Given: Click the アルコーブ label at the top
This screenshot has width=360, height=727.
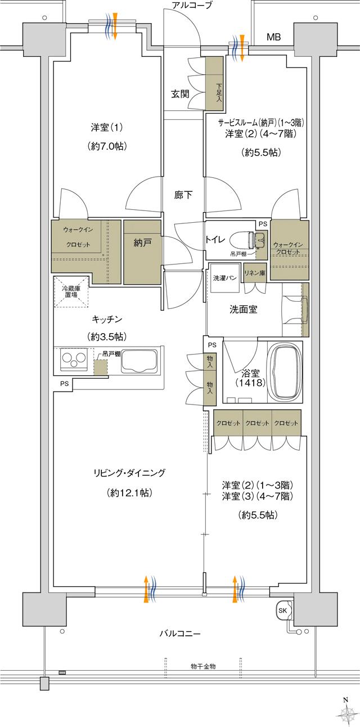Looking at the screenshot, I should [x=192, y=6].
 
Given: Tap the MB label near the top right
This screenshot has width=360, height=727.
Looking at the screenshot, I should [x=273, y=38].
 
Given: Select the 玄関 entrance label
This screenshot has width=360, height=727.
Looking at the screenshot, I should [x=179, y=94].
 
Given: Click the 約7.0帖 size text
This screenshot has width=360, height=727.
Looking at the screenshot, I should [x=107, y=146].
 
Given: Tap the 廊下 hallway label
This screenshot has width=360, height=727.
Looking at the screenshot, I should [x=183, y=195].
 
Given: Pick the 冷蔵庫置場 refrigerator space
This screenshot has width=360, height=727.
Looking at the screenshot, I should [x=71, y=291].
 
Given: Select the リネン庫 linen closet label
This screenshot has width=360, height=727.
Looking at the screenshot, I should [x=255, y=272].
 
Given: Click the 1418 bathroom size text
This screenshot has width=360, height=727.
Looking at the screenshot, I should [x=246, y=383].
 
